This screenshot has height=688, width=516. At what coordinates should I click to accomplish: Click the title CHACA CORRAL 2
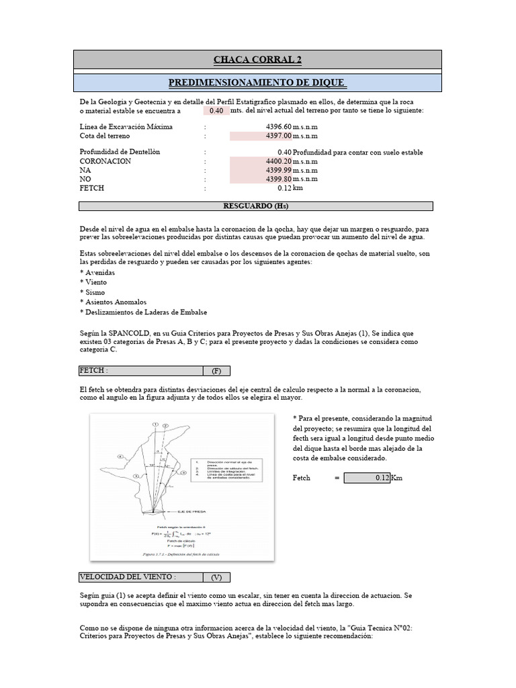point(257,60)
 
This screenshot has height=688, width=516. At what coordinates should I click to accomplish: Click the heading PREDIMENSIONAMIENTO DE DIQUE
point(257,83)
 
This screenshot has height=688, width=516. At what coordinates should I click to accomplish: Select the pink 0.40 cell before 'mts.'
point(216,111)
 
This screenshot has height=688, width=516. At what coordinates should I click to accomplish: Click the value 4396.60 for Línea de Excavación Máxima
point(279,126)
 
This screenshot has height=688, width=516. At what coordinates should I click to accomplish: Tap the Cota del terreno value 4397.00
point(279,136)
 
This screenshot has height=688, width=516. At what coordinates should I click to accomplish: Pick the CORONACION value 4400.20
point(279,161)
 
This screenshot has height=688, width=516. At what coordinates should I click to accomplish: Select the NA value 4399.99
point(279,171)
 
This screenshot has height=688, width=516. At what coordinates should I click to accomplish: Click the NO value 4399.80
point(279,179)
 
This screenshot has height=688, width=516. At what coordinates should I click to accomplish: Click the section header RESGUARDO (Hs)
point(255,206)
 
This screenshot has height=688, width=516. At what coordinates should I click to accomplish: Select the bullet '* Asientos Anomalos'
point(112,302)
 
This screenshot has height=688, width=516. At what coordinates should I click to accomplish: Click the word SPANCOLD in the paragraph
point(130,333)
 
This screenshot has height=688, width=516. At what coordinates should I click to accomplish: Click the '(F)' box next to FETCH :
point(216,371)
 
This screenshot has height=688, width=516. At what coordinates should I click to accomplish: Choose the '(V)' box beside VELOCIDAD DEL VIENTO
point(216,576)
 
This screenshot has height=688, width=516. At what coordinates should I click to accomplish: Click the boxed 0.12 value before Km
point(367,478)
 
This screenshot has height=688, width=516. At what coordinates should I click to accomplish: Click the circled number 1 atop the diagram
point(155,425)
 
